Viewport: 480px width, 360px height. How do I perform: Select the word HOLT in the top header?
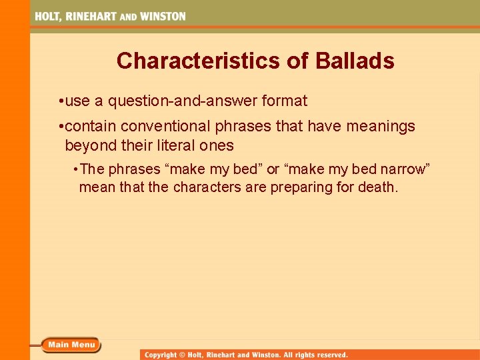tap(49, 16)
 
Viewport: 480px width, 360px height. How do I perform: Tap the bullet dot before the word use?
tap(61, 102)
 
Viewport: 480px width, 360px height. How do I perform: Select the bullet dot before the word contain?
tap(61, 127)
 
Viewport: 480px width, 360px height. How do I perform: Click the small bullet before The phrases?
tap(77, 169)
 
